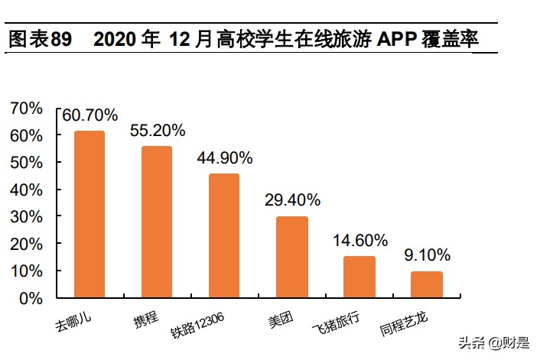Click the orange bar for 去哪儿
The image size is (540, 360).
89,214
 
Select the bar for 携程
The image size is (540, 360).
157,222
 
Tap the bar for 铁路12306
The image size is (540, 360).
224,235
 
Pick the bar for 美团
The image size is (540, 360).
291,257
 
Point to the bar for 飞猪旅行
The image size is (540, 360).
359,277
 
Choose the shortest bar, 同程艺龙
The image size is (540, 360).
426,284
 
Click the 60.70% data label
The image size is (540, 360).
90,115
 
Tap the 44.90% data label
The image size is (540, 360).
225,158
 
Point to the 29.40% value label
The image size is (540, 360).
292,200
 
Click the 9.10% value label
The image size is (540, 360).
427,255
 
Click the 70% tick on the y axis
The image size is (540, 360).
27,109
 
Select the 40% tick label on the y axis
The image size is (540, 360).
27,190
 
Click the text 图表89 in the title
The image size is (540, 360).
39,40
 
